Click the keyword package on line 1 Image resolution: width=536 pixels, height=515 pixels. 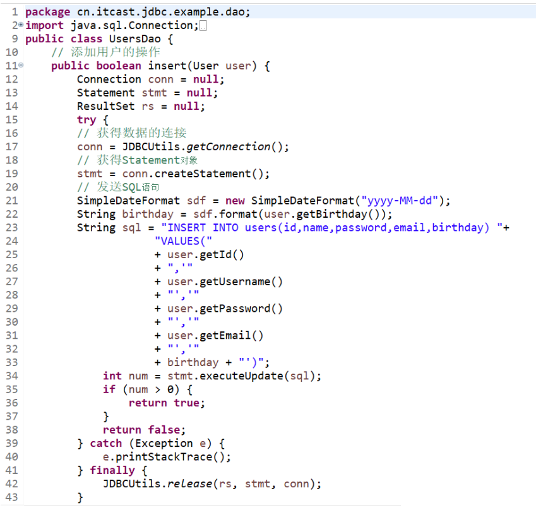click(47, 12)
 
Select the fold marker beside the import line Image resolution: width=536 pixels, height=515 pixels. click(21, 25)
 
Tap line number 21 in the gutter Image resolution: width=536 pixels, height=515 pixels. click(11, 201)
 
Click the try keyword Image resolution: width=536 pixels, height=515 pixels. click(86, 119)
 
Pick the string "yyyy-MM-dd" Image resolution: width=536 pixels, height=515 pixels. click(399, 201)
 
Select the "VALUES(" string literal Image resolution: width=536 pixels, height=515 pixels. click(183, 241)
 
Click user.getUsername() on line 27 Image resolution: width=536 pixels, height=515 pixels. click(225, 281)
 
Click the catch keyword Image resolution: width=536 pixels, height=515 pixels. click(105, 443)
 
